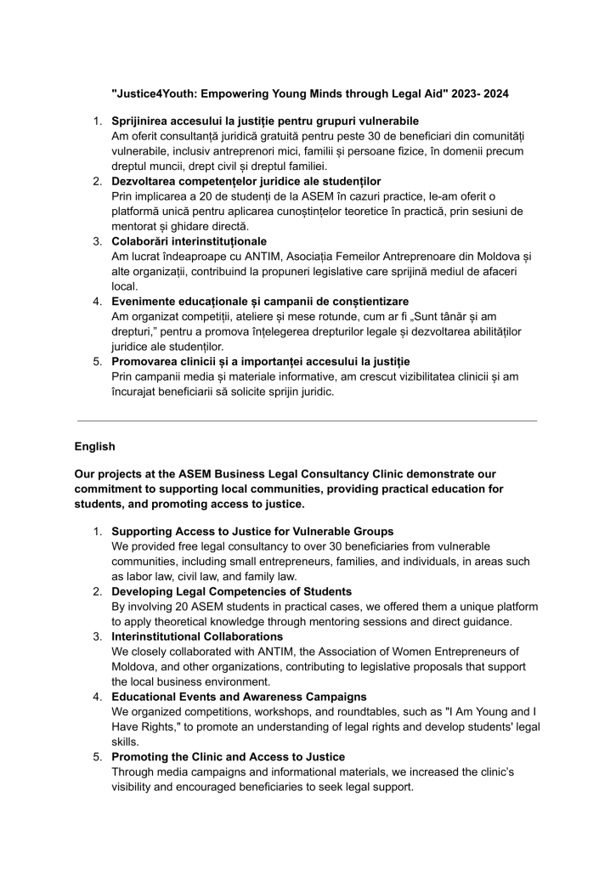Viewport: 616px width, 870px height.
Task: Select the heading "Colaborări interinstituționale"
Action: point(189,241)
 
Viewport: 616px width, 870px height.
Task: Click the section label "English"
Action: point(94,446)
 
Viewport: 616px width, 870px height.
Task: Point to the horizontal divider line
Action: point(308,421)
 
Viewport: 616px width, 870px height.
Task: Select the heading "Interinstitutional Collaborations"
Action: point(197,636)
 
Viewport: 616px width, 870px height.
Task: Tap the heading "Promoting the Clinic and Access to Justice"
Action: point(228,756)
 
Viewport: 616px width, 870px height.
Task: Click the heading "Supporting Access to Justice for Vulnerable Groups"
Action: point(252,531)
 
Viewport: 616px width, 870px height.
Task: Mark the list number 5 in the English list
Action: point(98,756)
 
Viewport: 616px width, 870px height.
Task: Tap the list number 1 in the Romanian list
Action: point(98,121)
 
